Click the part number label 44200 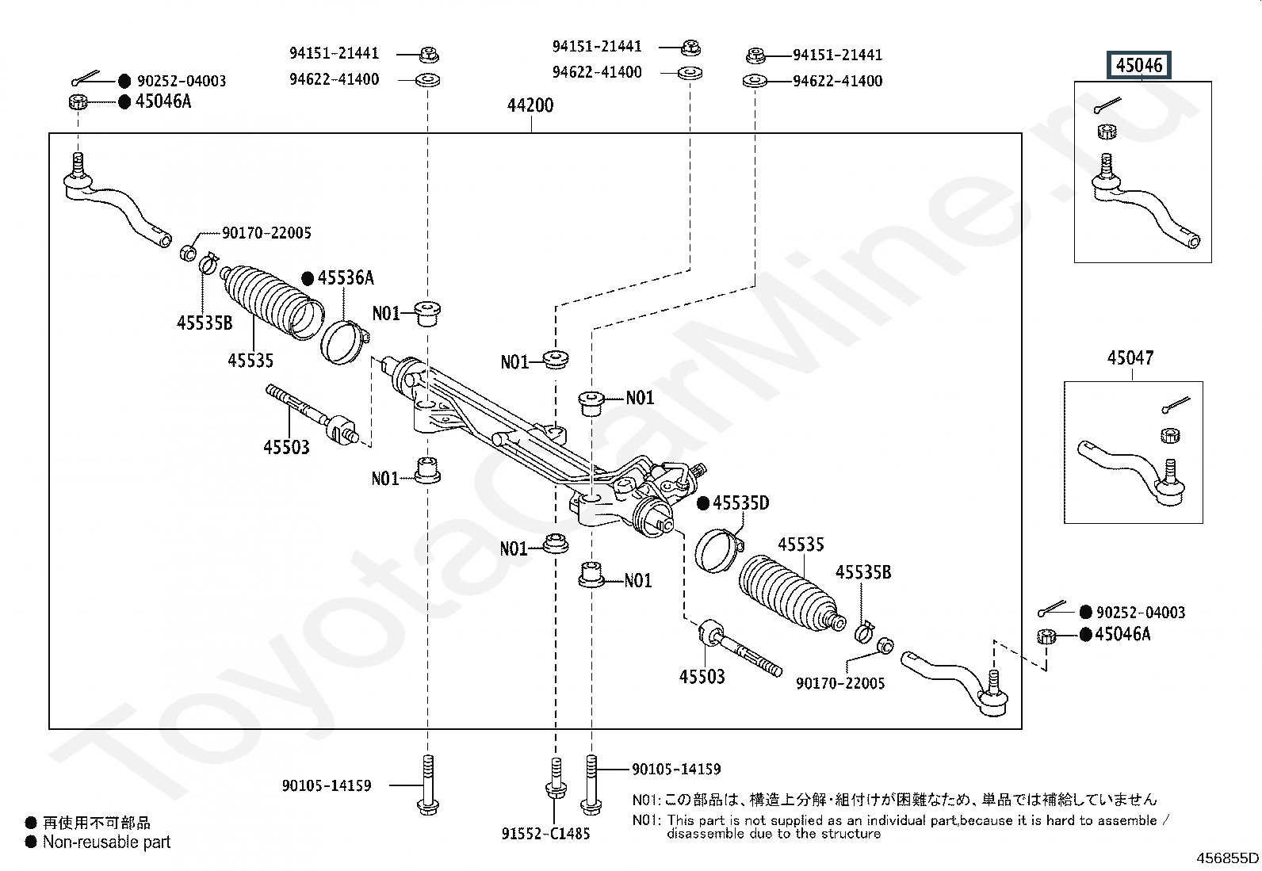530,105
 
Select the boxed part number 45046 1138,65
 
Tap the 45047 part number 1130,358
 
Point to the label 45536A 346,278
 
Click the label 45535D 740,503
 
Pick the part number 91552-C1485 545,834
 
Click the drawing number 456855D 1227,858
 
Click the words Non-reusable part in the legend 106,842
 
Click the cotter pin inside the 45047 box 1176,405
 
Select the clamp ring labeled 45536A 343,341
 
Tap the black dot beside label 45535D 702,503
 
